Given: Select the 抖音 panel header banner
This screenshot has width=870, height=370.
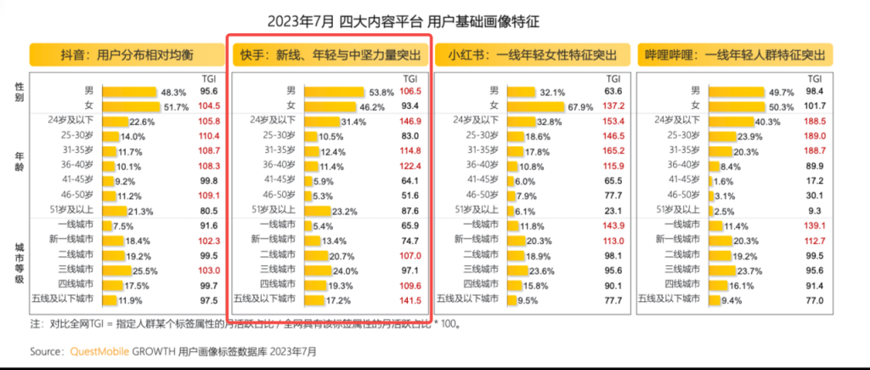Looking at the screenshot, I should point(126,55).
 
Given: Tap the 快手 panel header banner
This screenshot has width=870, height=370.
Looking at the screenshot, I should point(330,55).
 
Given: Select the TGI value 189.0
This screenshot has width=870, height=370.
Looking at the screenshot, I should point(811,135).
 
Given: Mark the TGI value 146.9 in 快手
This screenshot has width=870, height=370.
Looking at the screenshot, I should point(410,121).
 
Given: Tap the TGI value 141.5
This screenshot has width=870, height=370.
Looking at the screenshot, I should point(410,299).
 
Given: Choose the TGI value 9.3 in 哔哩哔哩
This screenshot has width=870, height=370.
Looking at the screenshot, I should point(813,210).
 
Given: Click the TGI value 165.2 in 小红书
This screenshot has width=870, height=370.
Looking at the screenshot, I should point(611,151).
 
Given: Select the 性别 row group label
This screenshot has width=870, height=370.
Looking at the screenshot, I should point(20,92).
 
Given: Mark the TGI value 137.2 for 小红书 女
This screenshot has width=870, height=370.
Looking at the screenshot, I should point(611,106).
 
